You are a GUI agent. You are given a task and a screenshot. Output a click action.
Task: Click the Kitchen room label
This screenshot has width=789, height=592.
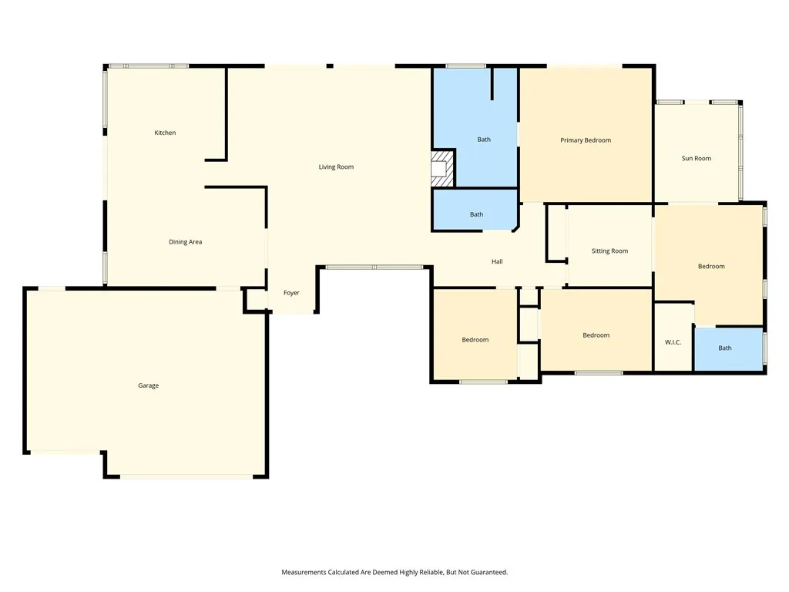tap(165, 133)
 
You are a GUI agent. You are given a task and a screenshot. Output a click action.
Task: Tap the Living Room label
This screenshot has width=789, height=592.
tap(336, 167)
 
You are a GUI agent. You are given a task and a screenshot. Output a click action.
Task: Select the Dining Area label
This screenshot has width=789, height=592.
tap(185, 242)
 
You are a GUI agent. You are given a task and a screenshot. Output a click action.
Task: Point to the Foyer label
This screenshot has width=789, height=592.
tap(291, 293)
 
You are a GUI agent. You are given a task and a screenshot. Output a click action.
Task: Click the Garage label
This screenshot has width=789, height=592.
tap(149, 385)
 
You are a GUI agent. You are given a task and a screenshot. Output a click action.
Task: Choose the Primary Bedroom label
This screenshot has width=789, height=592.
tap(586, 140)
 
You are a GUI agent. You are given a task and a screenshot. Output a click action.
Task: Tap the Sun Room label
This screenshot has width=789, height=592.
tap(697, 159)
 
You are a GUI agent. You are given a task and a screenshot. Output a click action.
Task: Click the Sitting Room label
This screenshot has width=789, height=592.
tap(610, 251)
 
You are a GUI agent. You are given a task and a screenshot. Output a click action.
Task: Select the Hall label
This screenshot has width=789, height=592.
tap(497, 262)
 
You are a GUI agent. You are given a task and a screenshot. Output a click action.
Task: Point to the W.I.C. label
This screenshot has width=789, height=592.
tap(673, 342)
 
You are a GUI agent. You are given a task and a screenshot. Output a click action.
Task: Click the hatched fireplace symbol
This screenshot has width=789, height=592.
tap(442, 169)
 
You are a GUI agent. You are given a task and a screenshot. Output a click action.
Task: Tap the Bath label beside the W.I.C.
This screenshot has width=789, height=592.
tap(725, 348)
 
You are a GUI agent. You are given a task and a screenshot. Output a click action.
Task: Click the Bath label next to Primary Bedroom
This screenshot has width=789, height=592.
tap(484, 140)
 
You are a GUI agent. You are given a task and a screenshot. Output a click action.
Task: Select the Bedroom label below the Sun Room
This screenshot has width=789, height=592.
tap(711, 266)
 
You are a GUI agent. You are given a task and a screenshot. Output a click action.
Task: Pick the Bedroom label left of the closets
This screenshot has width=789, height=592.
tap(475, 340)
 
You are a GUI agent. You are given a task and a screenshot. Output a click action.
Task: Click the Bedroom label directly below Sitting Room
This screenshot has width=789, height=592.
tap(596, 335)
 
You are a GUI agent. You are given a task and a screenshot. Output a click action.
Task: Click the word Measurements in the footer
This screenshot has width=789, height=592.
tap(304, 573)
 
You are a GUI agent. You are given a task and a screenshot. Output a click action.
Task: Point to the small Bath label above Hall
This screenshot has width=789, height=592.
tap(476, 214)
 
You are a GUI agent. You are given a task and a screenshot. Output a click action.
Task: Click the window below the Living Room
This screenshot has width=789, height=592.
tap(374, 267)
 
